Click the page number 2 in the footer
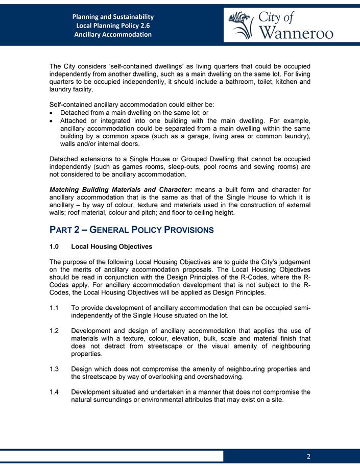(308, 456)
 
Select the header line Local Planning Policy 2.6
(113, 26)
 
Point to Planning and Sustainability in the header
(113, 17)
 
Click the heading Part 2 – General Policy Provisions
(131, 230)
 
